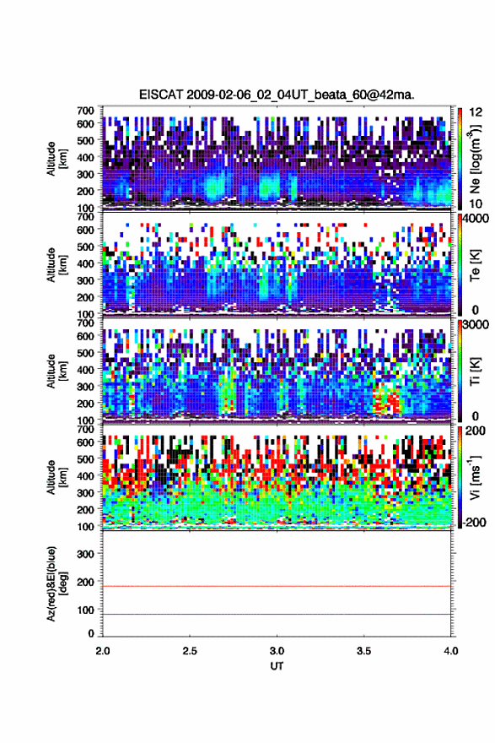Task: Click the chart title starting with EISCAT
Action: [277, 95]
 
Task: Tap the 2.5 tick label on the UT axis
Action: [190, 651]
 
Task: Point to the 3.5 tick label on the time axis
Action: [364, 651]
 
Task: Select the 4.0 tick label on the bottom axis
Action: [451, 651]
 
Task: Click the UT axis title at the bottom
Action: [277, 666]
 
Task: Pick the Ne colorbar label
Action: [475, 159]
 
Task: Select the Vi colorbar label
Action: [475, 477]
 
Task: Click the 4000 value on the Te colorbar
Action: [475, 219]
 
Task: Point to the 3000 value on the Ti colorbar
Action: [475, 324]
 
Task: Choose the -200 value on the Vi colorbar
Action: [473, 522]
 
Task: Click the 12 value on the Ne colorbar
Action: [476, 111]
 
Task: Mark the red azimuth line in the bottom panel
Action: [277, 586]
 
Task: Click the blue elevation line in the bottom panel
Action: [277, 614]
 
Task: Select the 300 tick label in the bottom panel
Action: [86, 554]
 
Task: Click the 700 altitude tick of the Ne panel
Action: [86, 111]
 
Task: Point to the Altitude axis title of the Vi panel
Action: [56, 477]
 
